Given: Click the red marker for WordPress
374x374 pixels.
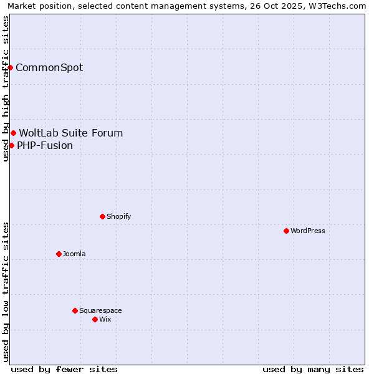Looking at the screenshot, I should (286, 231).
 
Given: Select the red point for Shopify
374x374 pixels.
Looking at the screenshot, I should (102, 216).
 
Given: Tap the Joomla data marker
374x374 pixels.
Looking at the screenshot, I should (59, 254).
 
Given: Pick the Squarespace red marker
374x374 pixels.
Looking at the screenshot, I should (75, 310).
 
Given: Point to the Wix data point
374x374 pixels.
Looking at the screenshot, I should (95, 319).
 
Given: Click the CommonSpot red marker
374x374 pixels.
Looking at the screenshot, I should (11, 67).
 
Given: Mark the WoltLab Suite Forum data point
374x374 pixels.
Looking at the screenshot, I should (13, 133).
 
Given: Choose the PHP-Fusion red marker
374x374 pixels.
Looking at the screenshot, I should (11, 145).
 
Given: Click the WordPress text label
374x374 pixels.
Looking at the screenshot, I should (308, 231).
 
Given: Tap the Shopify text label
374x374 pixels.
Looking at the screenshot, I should (119, 216).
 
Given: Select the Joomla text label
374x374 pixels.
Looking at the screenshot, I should (74, 254).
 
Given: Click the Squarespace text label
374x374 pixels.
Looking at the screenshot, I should (100, 310).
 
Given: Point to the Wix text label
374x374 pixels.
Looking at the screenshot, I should (105, 319).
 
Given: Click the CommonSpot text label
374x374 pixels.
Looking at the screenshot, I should (49, 68).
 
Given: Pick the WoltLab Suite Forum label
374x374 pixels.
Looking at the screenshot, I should (71, 133).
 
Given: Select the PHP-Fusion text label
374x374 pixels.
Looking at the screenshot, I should (45, 146).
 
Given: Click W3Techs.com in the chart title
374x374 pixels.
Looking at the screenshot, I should (338, 6).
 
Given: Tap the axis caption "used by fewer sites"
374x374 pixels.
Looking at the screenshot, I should (64, 369).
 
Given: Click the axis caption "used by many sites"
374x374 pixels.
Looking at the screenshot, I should (313, 369).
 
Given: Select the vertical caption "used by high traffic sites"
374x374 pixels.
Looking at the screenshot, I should (6, 89).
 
